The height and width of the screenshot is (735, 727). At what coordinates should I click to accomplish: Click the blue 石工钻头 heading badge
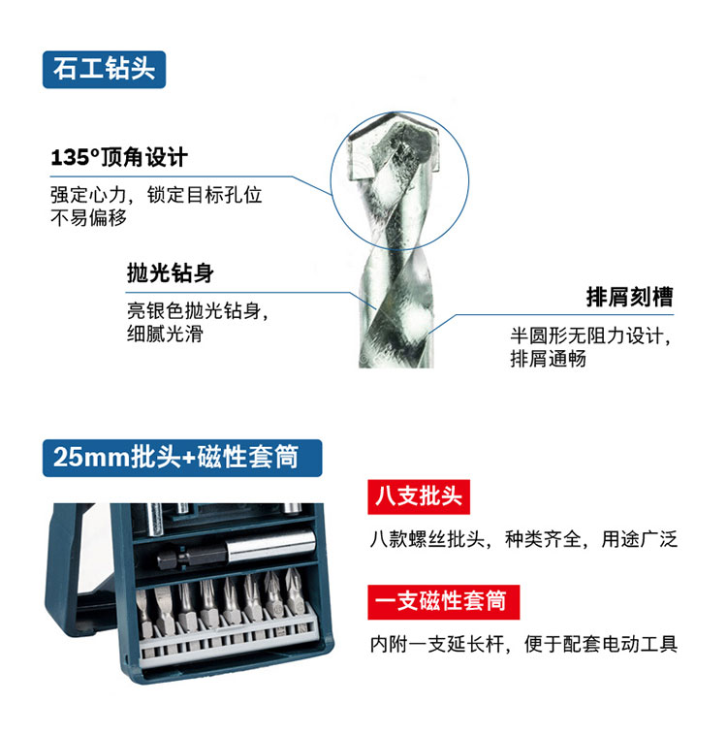[x=104, y=70]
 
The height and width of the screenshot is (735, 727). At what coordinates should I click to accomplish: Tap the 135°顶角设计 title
[x=119, y=157]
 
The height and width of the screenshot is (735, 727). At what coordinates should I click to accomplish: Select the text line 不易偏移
[x=88, y=218]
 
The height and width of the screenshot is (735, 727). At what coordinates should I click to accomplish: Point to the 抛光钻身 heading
[x=171, y=272]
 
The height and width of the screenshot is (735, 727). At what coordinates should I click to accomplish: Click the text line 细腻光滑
[x=165, y=334]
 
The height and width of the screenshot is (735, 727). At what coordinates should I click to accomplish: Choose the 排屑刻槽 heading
[x=629, y=297]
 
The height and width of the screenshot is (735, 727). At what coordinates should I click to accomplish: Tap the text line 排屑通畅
[x=548, y=359]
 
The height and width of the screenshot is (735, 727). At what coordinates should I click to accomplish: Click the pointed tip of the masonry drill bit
[x=399, y=113]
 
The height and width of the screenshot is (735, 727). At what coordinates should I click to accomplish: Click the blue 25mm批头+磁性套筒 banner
[x=182, y=458]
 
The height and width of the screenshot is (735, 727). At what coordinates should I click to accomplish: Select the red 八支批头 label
[x=419, y=496]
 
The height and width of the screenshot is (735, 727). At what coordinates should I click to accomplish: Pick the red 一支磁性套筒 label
[x=443, y=602]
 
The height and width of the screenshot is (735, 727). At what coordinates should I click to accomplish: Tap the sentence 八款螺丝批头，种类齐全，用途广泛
[x=523, y=539]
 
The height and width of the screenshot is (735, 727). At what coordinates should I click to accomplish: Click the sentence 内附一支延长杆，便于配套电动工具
[x=523, y=644]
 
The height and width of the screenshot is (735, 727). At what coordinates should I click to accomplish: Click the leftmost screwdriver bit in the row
[x=144, y=613]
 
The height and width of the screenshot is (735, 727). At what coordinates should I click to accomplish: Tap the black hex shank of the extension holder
[x=191, y=558]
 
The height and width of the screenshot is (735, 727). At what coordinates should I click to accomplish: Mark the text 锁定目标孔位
[x=205, y=195]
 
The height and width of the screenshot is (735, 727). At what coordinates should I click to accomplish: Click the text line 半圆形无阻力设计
[x=585, y=336]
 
